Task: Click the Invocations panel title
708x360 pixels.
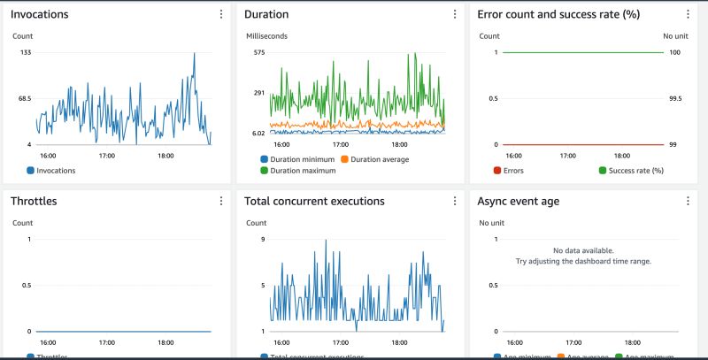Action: pyautogui.click(x=39, y=14)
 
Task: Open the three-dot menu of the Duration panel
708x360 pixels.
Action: pyautogui.click(x=454, y=14)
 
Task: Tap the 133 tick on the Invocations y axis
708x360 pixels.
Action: pyautogui.click(x=25, y=53)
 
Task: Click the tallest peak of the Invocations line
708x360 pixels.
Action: pyautogui.click(x=194, y=53)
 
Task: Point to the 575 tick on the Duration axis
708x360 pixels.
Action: pyautogui.click(x=259, y=53)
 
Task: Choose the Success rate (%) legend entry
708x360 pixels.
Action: pyautogui.click(x=632, y=170)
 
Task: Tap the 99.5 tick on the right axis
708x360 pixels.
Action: pyautogui.click(x=674, y=99)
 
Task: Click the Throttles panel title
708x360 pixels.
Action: pyautogui.click(x=34, y=201)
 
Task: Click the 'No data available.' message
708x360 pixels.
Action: pyautogui.click(x=582, y=251)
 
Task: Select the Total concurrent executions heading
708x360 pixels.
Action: pyautogui.click(x=314, y=201)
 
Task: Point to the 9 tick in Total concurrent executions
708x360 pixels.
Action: pyautogui.click(x=263, y=240)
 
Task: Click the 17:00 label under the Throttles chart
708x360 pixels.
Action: pyautogui.click(x=106, y=341)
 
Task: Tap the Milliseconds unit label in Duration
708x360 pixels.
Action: pyautogui.click(x=265, y=36)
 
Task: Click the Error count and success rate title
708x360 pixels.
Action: pyautogui.click(x=558, y=14)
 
